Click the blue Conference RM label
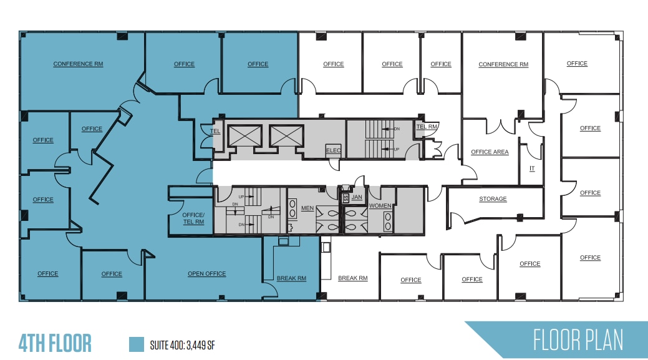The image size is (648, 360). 78,64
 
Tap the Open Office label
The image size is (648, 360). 207,274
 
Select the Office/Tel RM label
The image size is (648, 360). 193,218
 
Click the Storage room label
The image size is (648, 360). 493,199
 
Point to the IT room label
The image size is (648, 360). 532,168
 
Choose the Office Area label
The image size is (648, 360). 490,152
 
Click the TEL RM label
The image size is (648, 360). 427,127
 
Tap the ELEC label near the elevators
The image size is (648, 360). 333,150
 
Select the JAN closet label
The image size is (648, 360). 357,197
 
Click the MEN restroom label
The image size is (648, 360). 307,208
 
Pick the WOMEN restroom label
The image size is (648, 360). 380,206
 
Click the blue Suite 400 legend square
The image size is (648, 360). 136,344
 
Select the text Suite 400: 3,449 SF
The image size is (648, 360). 183,344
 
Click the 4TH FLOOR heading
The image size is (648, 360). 56,343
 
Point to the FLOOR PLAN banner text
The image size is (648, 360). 578,341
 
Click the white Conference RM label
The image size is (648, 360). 503,64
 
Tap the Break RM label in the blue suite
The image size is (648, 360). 291,279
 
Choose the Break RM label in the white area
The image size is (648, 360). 352,278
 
